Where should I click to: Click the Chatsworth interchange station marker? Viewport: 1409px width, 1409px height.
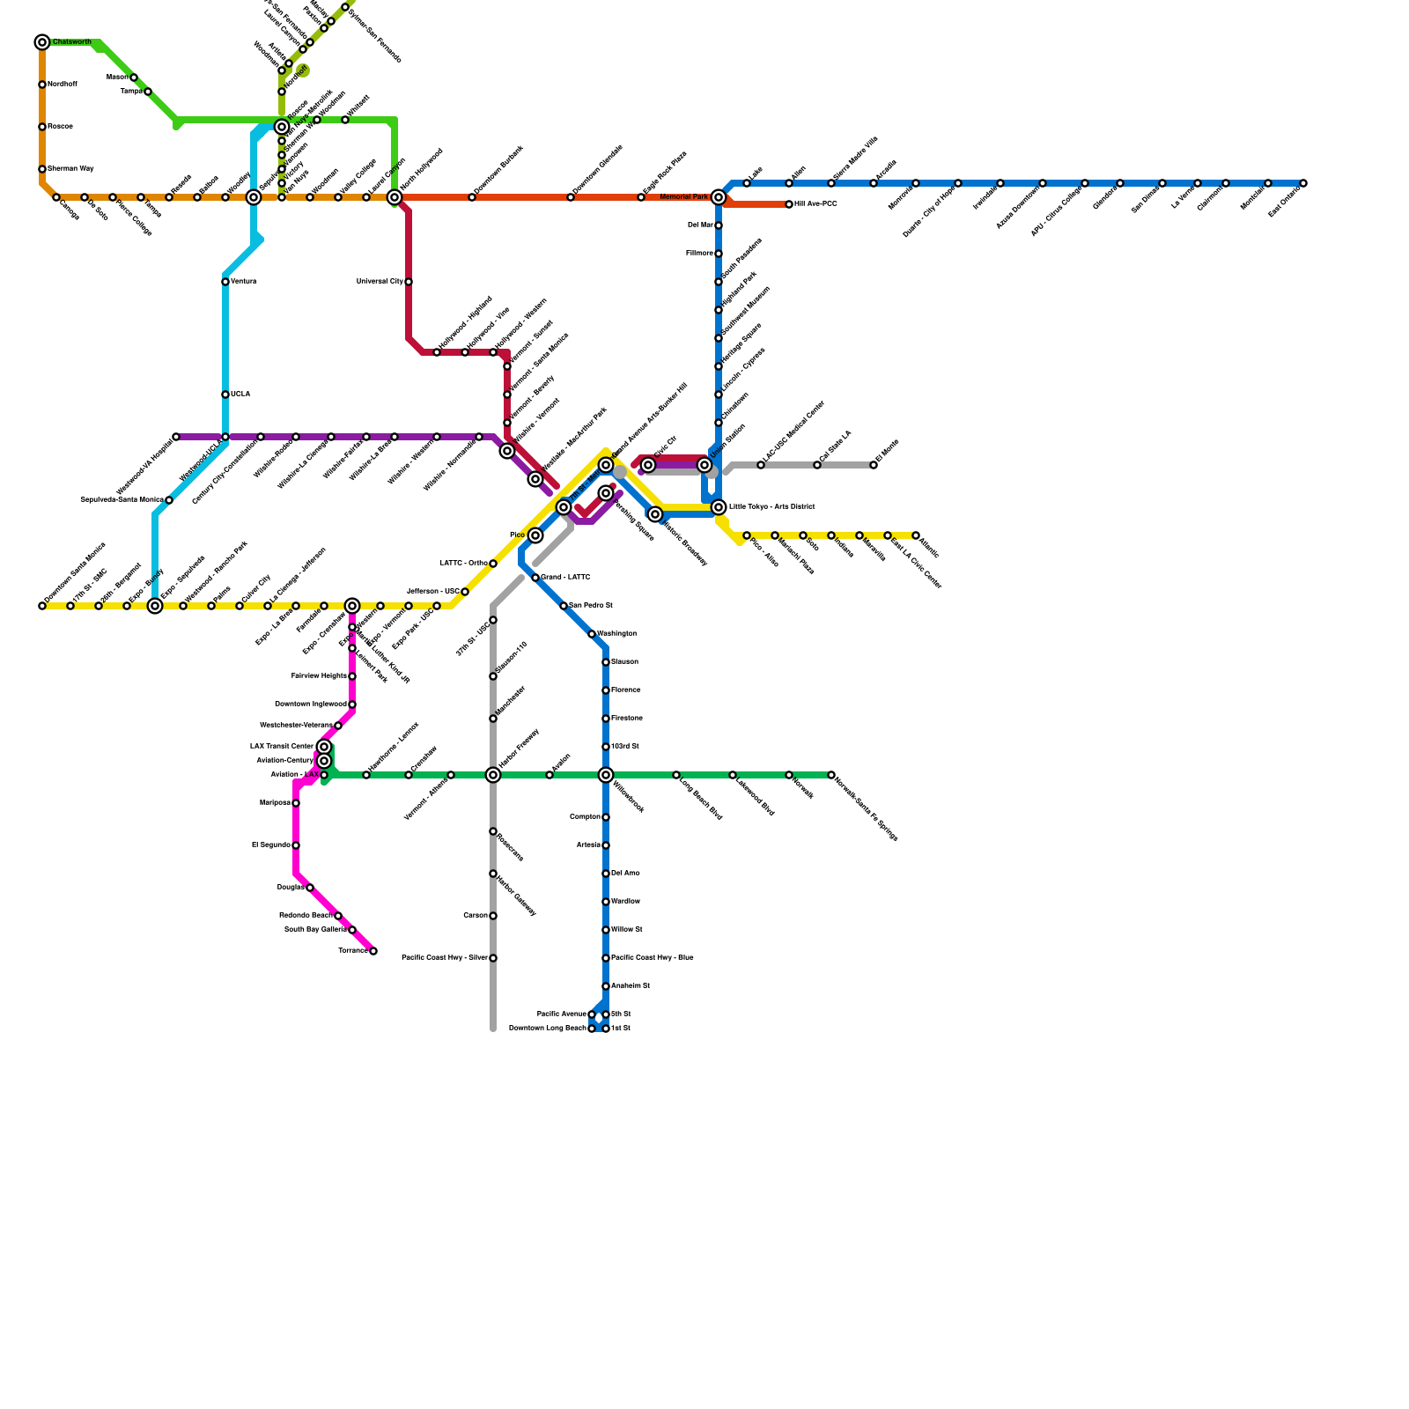(42, 42)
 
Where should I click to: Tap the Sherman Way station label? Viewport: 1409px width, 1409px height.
(70, 168)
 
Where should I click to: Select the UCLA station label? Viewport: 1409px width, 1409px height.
(240, 395)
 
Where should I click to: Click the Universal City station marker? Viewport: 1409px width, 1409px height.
(409, 282)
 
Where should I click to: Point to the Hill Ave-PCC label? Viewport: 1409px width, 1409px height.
(815, 204)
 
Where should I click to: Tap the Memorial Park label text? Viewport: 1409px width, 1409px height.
(684, 197)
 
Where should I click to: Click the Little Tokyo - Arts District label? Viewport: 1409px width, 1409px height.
(771, 507)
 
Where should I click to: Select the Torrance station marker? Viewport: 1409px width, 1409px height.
(373, 951)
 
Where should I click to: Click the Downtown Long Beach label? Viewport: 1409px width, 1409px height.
(547, 1029)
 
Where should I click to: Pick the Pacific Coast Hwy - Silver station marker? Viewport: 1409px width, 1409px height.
(493, 958)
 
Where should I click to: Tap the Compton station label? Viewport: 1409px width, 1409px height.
(585, 817)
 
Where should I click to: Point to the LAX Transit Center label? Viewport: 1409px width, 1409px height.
(281, 747)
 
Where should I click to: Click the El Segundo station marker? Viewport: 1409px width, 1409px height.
(296, 845)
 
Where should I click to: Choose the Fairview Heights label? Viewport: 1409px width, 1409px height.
(319, 676)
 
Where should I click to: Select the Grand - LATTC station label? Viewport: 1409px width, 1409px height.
(565, 578)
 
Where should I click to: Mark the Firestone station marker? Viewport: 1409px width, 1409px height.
(606, 719)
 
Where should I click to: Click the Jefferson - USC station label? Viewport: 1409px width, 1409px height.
(432, 592)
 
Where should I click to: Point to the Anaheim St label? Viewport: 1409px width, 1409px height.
(631, 986)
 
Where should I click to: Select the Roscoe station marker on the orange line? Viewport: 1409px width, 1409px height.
(42, 127)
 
